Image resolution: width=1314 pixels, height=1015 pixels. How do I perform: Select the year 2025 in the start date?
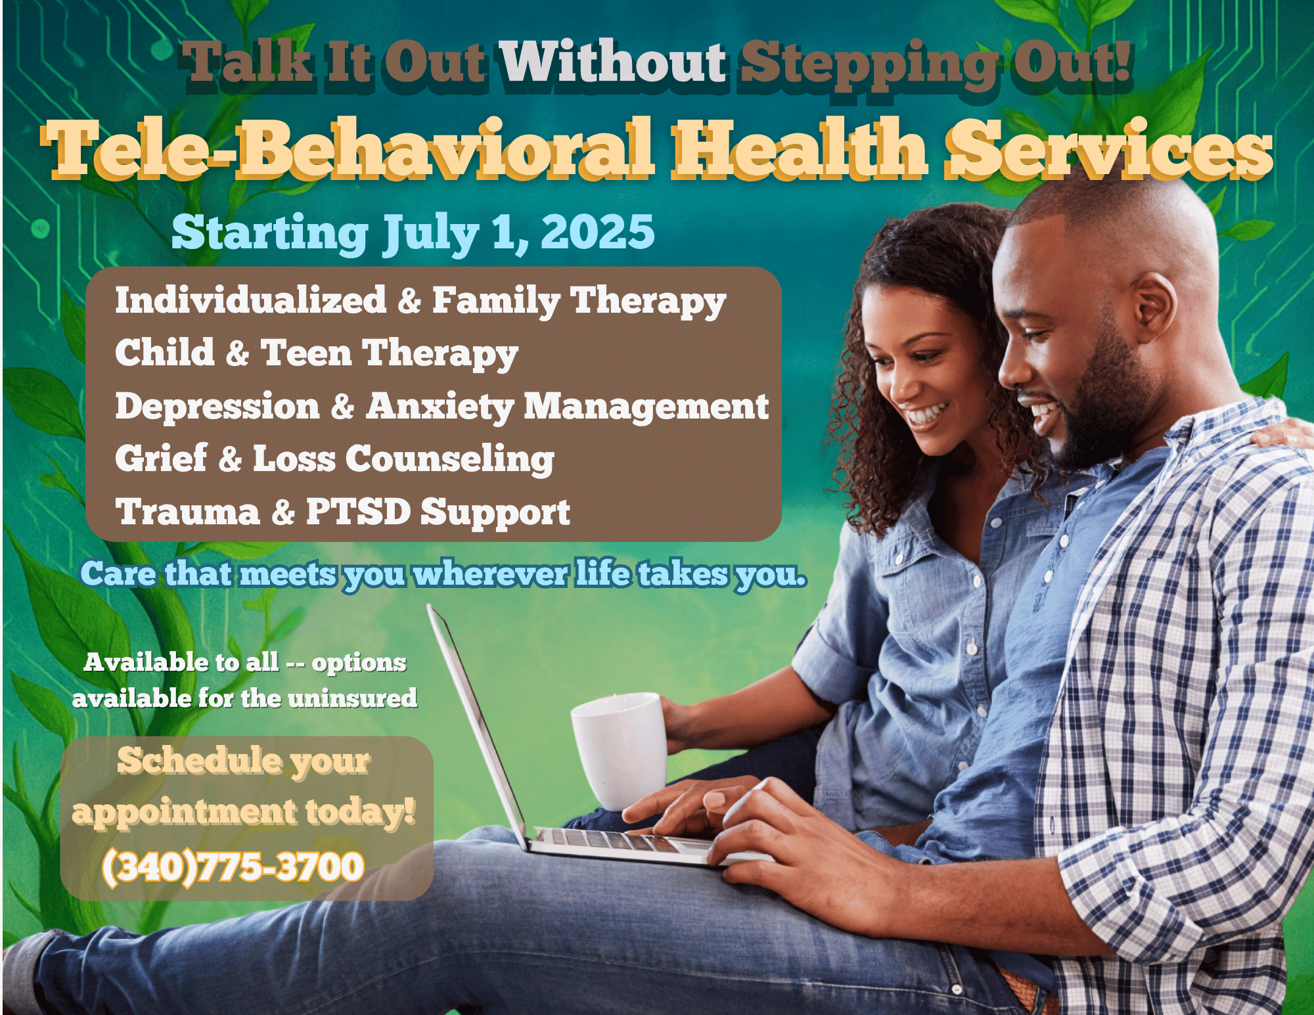click(598, 233)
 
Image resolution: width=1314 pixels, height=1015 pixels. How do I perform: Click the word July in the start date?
click(431, 234)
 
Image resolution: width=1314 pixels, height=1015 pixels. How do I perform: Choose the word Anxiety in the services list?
click(440, 407)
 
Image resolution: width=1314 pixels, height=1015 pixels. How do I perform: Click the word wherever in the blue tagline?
click(490, 574)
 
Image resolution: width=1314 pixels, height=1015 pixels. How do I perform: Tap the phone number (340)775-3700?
click(233, 867)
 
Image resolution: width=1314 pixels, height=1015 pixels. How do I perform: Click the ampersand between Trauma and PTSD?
click(283, 512)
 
